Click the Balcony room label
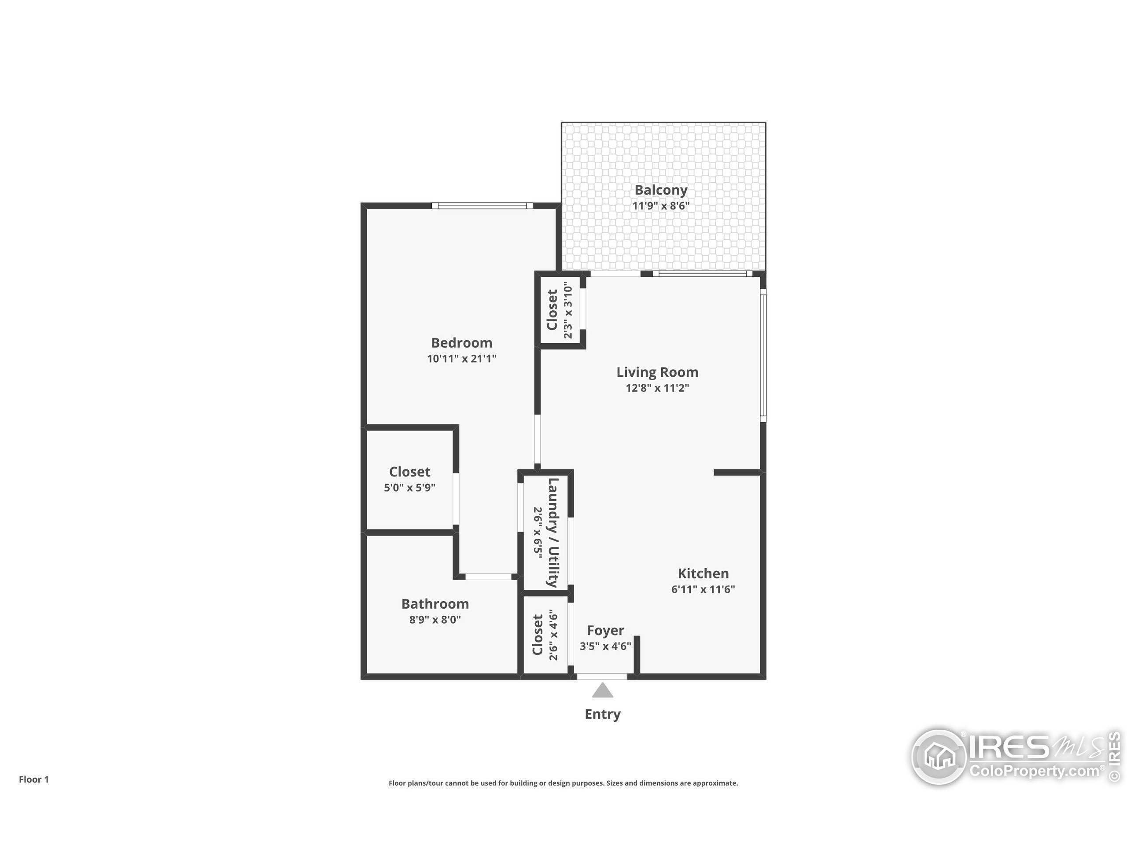[660, 190]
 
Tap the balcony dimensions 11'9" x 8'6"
[660, 206]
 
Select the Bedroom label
[462, 343]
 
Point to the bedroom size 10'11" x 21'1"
[462, 359]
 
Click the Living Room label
[657, 372]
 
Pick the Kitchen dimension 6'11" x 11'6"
[703, 589]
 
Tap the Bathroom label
[435, 604]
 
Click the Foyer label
[605, 631]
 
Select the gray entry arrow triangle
[602, 691]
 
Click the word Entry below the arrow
[602, 714]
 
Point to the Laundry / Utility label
[553, 532]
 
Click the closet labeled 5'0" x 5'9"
[409, 479]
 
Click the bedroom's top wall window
[482, 206]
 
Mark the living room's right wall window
[763, 356]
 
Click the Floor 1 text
[33, 779]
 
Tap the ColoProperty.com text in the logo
[1034, 771]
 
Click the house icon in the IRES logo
[939, 757]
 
